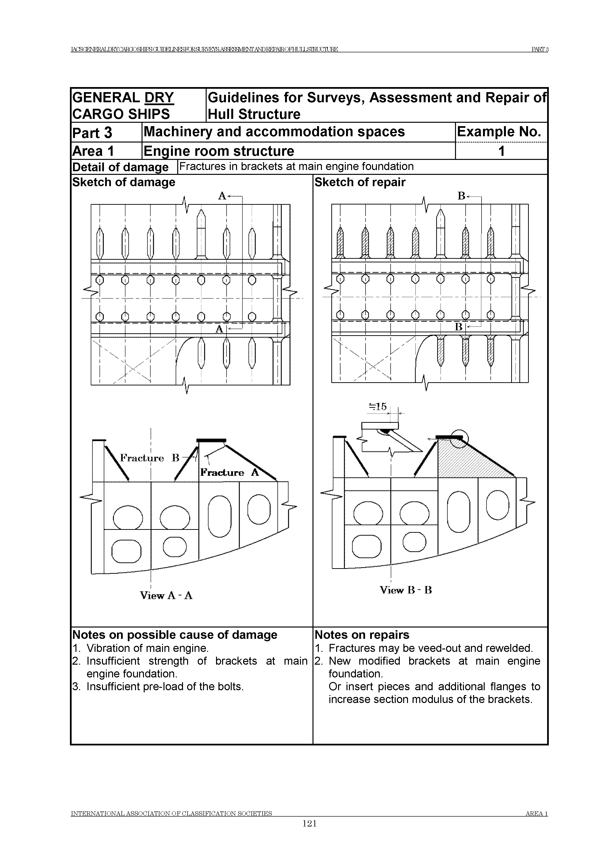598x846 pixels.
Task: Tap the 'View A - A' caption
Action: [166, 595]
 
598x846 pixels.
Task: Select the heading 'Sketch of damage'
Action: [124, 182]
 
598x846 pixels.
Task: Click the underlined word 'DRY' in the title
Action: [159, 98]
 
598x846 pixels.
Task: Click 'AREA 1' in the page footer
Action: [537, 814]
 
